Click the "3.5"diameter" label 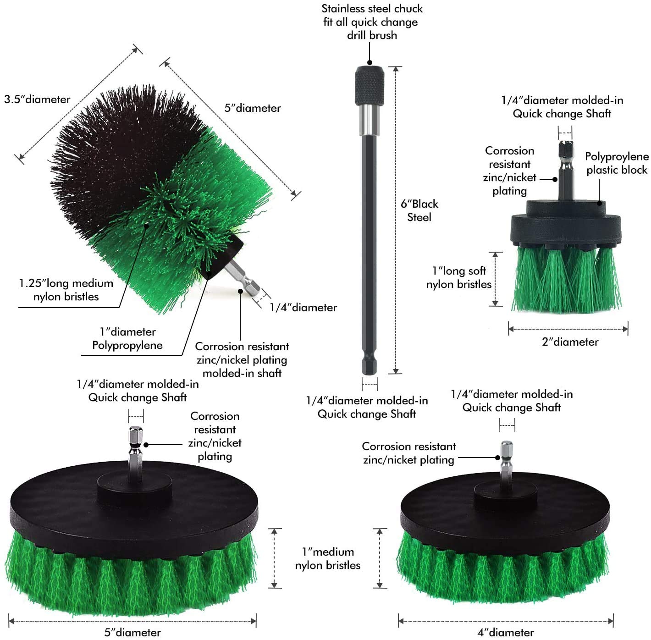click(37, 99)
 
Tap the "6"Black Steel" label click(419, 210)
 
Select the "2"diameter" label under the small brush click(570, 342)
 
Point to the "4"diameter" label click(505, 633)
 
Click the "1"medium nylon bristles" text click(328, 558)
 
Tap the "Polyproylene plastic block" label click(617, 163)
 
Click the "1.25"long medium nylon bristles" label click(66, 290)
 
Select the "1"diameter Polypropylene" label click(127, 338)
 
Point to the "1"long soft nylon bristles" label click(458, 277)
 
